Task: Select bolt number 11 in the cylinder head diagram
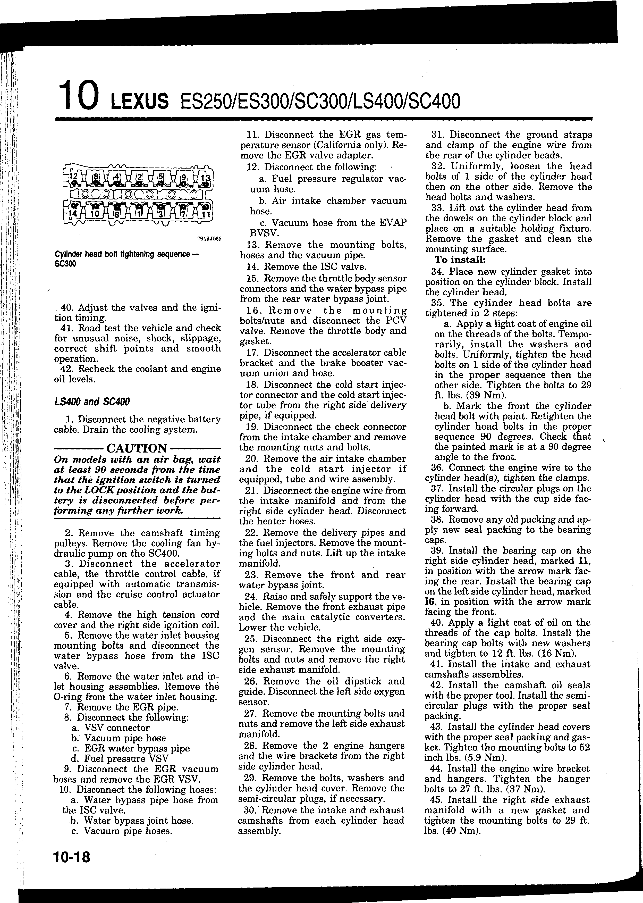pos(206,215)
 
